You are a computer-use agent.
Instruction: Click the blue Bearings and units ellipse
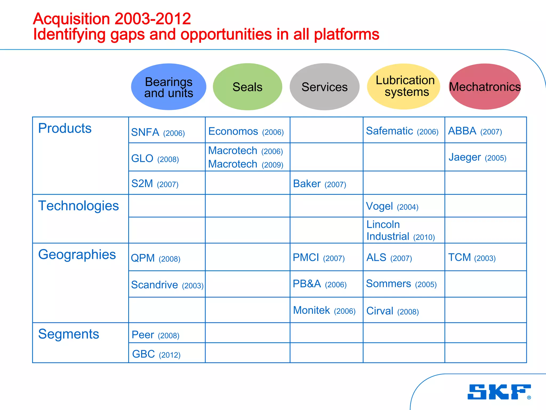(x=168, y=87)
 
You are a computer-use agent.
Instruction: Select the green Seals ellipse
(x=247, y=87)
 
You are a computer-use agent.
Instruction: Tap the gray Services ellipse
(x=324, y=87)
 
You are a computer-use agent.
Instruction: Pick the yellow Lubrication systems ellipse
(x=403, y=86)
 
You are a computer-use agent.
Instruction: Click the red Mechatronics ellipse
(x=485, y=86)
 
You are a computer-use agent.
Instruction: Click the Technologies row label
(x=78, y=206)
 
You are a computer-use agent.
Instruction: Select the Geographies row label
(x=77, y=254)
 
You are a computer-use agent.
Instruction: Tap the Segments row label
(x=69, y=334)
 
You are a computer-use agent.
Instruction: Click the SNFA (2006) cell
(x=158, y=132)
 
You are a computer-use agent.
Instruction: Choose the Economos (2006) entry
(x=246, y=131)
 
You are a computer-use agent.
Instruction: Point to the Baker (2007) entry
(x=319, y=184)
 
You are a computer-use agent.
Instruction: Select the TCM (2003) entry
(x=472, y=258)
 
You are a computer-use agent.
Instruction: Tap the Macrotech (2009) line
(x=246, y=164)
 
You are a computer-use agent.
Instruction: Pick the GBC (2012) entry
(x=156, y=354)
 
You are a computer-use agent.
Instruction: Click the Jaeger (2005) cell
(x=477, y=157)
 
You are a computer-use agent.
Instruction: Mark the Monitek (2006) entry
(x=324, y=310)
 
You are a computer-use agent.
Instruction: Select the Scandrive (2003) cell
(x=167, y=285)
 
